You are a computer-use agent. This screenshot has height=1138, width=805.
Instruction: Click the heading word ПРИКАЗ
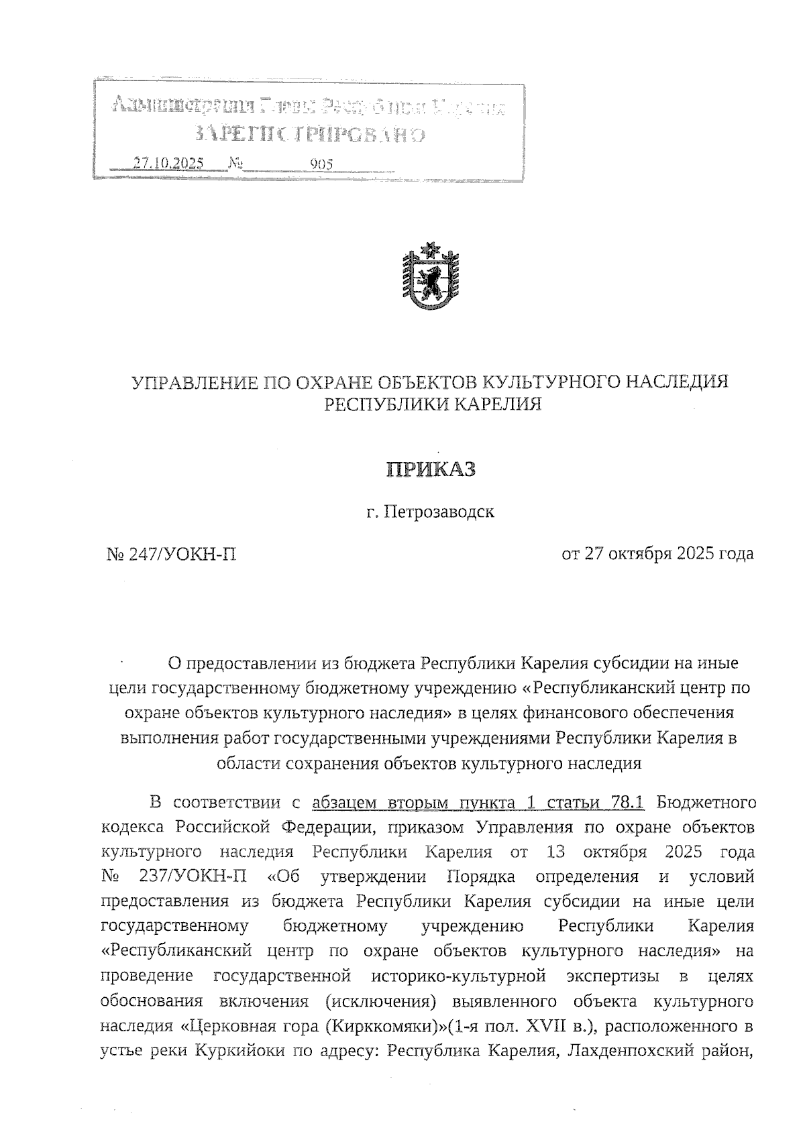point(430,469)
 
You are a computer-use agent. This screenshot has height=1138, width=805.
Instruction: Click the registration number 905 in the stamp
point(321,163)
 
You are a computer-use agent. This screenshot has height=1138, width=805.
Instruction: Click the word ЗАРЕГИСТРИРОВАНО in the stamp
point(309,134)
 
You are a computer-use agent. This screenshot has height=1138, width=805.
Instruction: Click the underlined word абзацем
point(345,802)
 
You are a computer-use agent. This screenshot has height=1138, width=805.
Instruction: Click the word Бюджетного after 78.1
point(706,802)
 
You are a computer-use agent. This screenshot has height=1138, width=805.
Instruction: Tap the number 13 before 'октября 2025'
point(549,852)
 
